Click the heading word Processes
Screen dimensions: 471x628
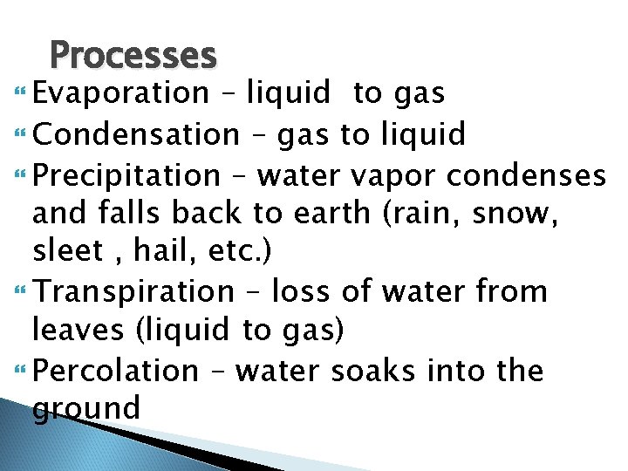click(133, 56)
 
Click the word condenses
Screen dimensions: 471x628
click(526, 175)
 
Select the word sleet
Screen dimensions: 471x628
click(66, 252)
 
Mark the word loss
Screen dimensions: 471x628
click(301, 290)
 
